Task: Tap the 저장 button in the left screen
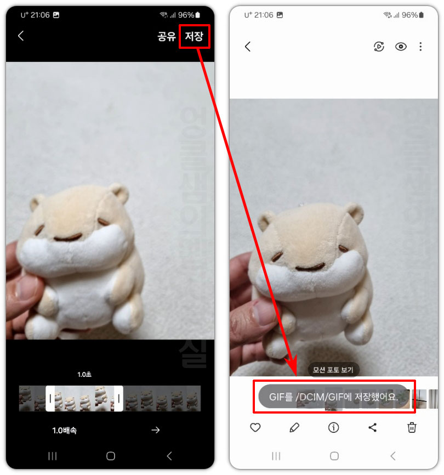tap(194, 37)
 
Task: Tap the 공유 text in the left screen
tap(166, 37)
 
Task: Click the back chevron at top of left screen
tap(21, 36)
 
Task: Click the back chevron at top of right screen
tap(247, 47)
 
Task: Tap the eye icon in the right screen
tap(401, 47)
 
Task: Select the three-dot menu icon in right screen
tap(420, 47)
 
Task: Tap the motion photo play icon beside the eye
tap(379, 47)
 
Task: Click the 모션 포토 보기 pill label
tap(333, 370)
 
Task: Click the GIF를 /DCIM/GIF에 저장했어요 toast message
tap(333, 396)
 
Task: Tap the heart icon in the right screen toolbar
tap(255, 427)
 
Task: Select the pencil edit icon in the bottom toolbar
tap(294, 427)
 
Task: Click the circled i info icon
tap(333, 427)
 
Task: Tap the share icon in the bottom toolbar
tap(373, 427)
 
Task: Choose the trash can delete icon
tap(412, 427)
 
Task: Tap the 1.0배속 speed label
tap(65, 431)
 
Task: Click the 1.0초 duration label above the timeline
tap(84, 375)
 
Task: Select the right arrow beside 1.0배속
tap(156, 430)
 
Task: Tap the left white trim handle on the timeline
tap(50, 399)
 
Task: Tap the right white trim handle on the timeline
tap(118, 399)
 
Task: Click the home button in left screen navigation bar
tap(110, 456)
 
